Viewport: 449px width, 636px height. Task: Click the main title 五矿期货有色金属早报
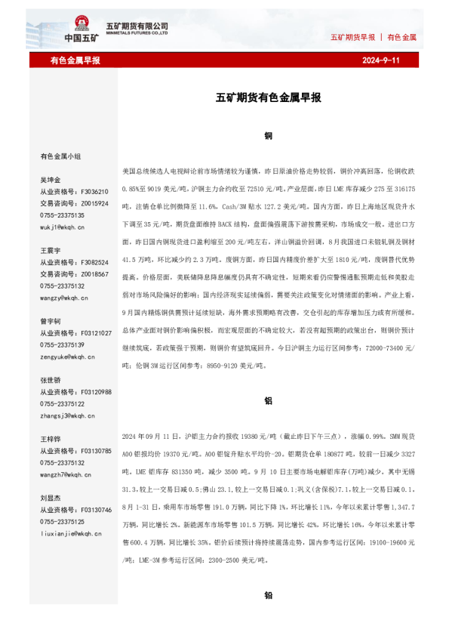coord(269,97)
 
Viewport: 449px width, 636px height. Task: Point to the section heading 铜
coord(268,136)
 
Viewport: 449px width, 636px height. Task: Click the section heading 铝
coord(268,402)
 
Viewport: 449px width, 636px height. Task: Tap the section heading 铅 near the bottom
coord(268,595)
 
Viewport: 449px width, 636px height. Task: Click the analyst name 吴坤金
coord(51,181)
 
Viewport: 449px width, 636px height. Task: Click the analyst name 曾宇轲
coord(51,321)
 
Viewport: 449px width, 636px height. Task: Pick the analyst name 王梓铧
coord(51,439)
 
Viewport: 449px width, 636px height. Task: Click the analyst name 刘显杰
coord(51,498)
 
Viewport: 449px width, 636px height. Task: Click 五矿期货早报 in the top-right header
coord(352,37)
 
